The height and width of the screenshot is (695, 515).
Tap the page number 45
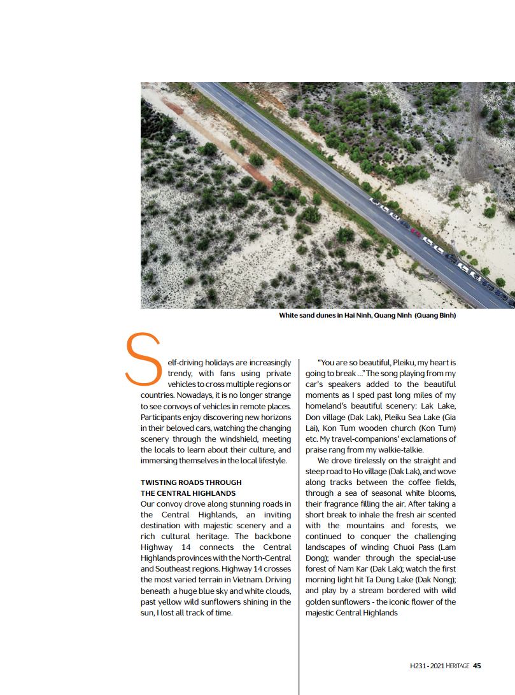coord(477,666)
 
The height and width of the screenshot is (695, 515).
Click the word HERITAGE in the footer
coord(458,666)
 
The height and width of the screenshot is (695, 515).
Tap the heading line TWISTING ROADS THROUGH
coord(191,482)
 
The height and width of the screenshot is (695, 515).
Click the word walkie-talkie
coord(401,450)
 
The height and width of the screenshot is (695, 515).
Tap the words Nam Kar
coord(351,568)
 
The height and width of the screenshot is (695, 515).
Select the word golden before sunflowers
coord(320,601)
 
